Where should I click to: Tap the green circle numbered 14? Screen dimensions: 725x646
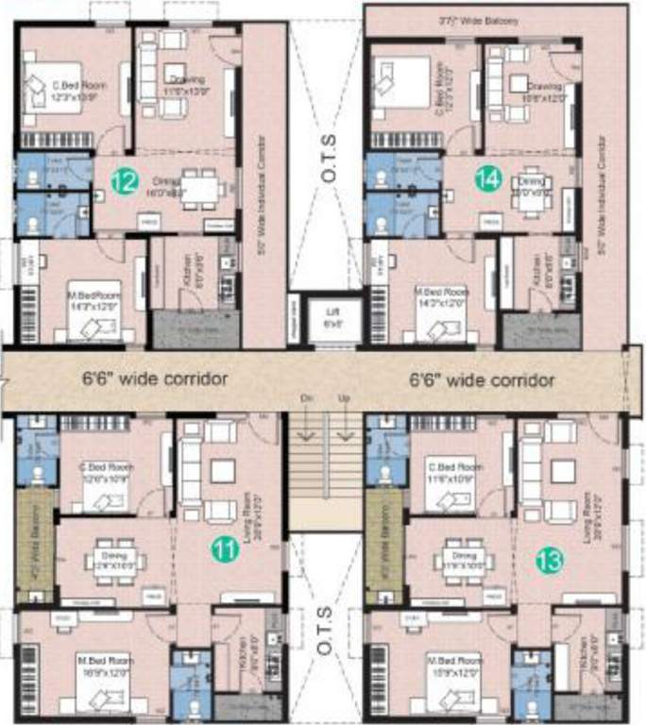487,179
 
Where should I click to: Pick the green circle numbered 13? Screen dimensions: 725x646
549,560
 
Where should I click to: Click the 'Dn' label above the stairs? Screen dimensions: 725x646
307,399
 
